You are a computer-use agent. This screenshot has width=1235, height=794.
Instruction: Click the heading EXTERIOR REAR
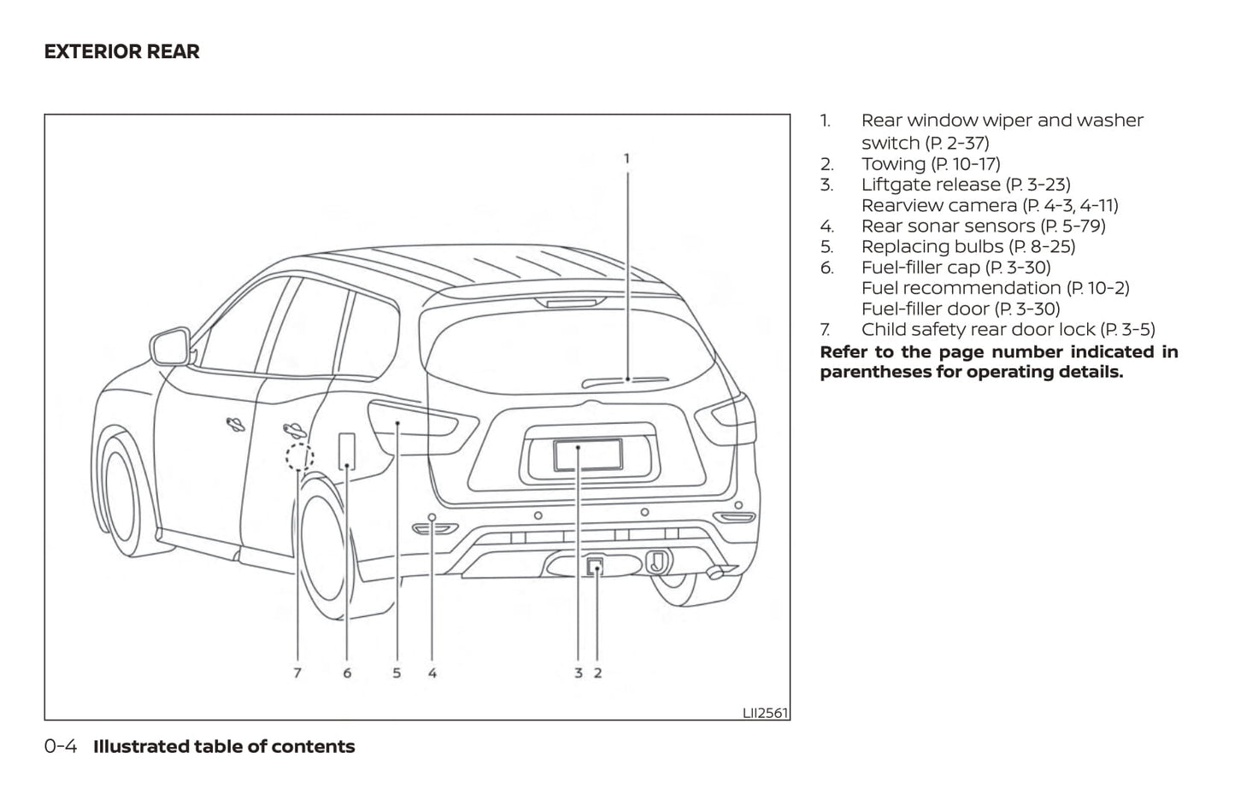pyautogui.click(x=121, y=51)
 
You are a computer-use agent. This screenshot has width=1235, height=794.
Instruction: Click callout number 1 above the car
pyautogui.click(x=626, y=158)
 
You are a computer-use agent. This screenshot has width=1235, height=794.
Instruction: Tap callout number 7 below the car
pyautogui.click(x=297, y=673)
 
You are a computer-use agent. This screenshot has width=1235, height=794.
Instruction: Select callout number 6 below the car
pyautogui.click(x=347, y=673)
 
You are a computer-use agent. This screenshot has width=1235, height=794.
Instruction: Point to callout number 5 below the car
pyautogui.click(x=397, y=673)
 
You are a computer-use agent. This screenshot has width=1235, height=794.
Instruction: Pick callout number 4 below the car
pyautogui.click(x=432, y=673)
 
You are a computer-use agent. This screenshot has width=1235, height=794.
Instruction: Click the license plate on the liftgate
pyautogui.click(x=588, y=454)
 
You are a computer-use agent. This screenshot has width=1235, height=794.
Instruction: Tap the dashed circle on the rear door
pyautogui.click(x=297, y=457)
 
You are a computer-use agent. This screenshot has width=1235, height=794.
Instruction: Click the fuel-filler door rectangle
pyautogui.click(x=347, y=450)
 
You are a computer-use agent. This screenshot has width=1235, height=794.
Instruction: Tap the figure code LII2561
pyautogui.click(x=765, y=713)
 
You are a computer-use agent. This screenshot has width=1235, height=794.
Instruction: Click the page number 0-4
pyautogui.click(x=61, y=746)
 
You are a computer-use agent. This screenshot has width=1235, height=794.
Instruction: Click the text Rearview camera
pyautogui.click(x=938, y=205)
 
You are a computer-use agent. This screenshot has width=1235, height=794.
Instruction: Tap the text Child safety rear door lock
pyautogui.click(x=978, y=329)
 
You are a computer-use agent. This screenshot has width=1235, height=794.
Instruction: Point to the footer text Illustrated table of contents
pyautogui.click(x=224, y=746)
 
